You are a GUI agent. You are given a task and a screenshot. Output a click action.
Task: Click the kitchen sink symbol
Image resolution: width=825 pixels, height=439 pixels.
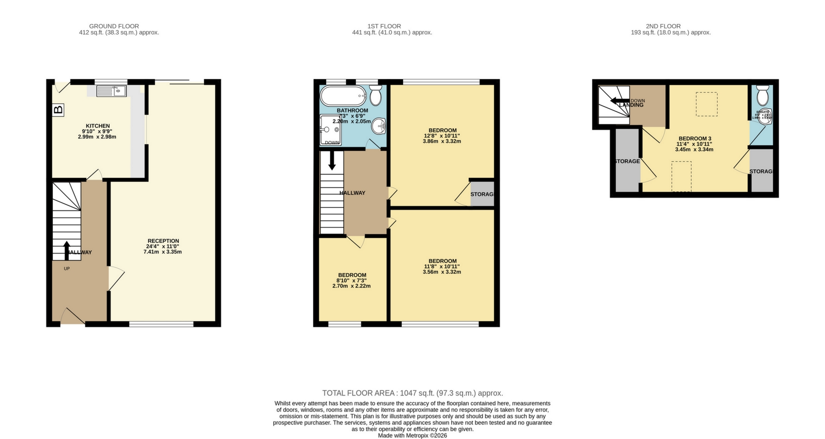tap(111, 91)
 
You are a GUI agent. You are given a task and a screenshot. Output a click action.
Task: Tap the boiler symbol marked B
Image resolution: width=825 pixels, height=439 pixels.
tap(58, 110)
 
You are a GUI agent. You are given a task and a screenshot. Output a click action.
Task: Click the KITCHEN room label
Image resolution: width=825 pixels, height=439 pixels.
tap(98, 126)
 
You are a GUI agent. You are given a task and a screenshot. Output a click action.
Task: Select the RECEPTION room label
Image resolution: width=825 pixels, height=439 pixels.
tap(163, 241)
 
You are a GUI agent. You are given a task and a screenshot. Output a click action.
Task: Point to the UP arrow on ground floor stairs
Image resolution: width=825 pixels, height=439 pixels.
tap(67, 250)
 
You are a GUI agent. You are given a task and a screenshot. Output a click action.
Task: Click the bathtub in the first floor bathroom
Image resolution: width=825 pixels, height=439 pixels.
tap(342, 96)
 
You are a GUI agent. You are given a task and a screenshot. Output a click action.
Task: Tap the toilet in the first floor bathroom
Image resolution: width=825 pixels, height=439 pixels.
tap(376, 95)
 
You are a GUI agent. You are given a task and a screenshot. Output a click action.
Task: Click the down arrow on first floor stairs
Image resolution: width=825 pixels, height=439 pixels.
tap(332, 161)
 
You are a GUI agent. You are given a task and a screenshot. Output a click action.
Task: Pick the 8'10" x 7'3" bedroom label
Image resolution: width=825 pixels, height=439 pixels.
tap(352, 275)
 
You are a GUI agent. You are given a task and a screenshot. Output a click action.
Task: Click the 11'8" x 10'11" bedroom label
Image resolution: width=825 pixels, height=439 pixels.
tap(442, 261)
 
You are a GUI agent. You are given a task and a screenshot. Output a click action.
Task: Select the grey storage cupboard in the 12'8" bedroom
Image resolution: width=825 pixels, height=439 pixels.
tap(482, 194)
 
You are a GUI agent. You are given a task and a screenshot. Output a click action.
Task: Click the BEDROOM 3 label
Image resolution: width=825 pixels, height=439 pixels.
tap(695, 138)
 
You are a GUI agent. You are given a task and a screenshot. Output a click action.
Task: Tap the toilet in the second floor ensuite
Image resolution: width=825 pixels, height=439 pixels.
tap(763, 95)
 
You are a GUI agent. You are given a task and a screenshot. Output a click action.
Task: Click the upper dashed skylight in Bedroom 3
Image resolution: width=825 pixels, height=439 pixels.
tap(706, 104)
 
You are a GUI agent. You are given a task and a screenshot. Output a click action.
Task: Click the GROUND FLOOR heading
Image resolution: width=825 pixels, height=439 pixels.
tap(114, 26)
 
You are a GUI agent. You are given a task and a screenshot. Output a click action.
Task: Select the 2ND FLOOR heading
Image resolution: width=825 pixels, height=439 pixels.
tap(663, 26)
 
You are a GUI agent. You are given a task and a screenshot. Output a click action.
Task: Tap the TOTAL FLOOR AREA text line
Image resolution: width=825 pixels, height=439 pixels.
tap(412, 393)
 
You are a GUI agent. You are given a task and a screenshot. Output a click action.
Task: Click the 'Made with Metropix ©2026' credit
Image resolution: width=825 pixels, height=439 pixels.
tap(412, 436)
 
